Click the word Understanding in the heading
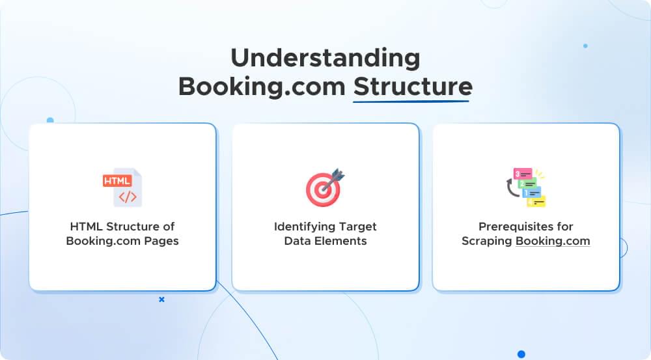click(325, 59)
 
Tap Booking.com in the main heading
click(261, 87)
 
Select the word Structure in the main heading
click(412, 87)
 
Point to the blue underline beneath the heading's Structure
click(412, 102)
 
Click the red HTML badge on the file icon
click(117, 179)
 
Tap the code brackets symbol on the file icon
click(128, 197)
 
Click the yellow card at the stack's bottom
click(536, 202)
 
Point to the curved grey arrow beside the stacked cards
click(510, 191)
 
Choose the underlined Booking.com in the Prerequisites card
click(553, 241)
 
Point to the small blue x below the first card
click(161, 299)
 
